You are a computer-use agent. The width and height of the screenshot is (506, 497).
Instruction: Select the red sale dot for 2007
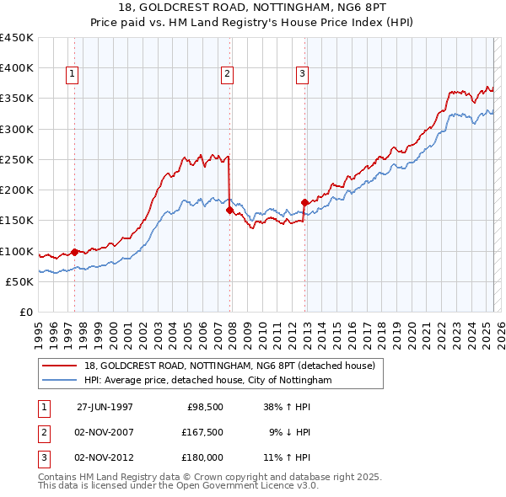click(229, 211)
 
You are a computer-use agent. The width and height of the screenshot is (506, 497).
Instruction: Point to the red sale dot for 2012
click(304, 202)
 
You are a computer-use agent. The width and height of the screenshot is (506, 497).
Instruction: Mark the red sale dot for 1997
click(74, 252)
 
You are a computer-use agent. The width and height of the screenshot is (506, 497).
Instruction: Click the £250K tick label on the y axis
click(17, 159)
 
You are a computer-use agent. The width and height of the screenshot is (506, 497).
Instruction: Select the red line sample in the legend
click(60, 365)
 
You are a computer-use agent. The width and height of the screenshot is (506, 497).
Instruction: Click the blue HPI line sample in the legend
click(60, 380)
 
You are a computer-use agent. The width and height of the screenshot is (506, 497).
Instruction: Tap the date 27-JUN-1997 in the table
click(105, 407)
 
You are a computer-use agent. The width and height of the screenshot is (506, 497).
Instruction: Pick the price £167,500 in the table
click(202, 432)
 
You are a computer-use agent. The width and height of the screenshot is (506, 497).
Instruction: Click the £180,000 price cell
click(202, 457)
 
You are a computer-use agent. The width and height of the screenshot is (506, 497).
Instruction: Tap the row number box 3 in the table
click(43, 457)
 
